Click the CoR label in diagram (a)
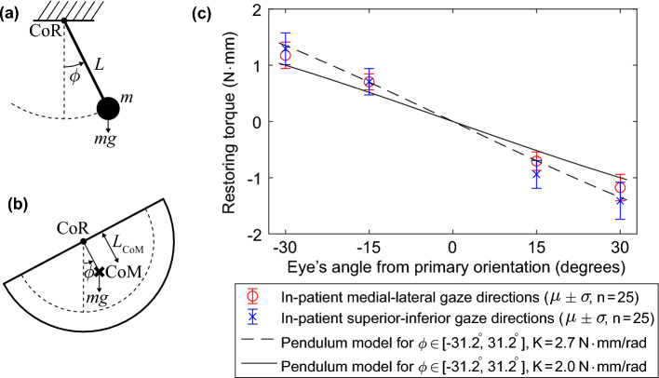point(35,36)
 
